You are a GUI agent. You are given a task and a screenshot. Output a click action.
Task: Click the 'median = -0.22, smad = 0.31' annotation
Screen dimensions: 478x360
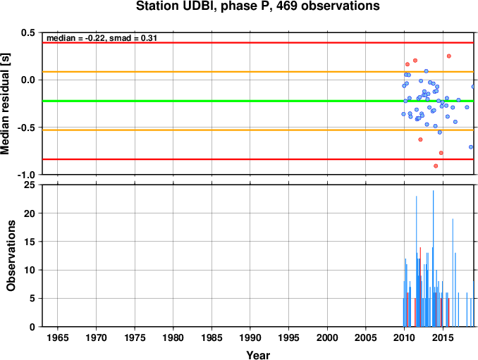[102, 38]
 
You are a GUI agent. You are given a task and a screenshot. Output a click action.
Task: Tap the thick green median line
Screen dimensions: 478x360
[258, 101]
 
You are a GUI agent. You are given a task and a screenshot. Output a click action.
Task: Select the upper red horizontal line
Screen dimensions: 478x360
[258, 43]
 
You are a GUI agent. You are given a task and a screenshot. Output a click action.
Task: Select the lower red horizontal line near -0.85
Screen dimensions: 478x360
[258, 159]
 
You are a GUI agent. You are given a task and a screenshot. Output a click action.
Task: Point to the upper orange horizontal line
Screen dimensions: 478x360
[258, 72]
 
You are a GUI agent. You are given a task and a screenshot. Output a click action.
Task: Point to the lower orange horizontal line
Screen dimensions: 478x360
[258, 130]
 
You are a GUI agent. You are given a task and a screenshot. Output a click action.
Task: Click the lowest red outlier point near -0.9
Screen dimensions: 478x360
[436, 166]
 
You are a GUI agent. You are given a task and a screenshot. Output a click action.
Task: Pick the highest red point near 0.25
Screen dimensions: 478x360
[448, 56]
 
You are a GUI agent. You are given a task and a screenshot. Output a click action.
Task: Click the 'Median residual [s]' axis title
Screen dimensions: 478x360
[6, 104]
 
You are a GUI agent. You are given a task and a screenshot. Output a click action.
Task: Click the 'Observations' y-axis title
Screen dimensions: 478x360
[11, 256]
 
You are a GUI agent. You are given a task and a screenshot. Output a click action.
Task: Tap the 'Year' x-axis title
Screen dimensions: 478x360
[258, 355]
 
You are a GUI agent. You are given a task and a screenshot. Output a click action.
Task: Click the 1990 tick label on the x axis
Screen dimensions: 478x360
[250, 337]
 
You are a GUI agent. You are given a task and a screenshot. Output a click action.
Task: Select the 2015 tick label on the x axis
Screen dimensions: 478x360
[443, 337]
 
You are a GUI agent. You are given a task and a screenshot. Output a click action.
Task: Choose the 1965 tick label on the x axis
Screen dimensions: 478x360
[58, 337]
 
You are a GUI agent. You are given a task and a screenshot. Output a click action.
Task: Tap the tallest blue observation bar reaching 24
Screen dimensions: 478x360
[433, 259]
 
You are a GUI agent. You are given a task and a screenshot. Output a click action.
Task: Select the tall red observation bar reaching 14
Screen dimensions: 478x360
[420, 287]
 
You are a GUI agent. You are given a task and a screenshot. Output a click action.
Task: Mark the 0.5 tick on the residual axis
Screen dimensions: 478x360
[28, 32]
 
